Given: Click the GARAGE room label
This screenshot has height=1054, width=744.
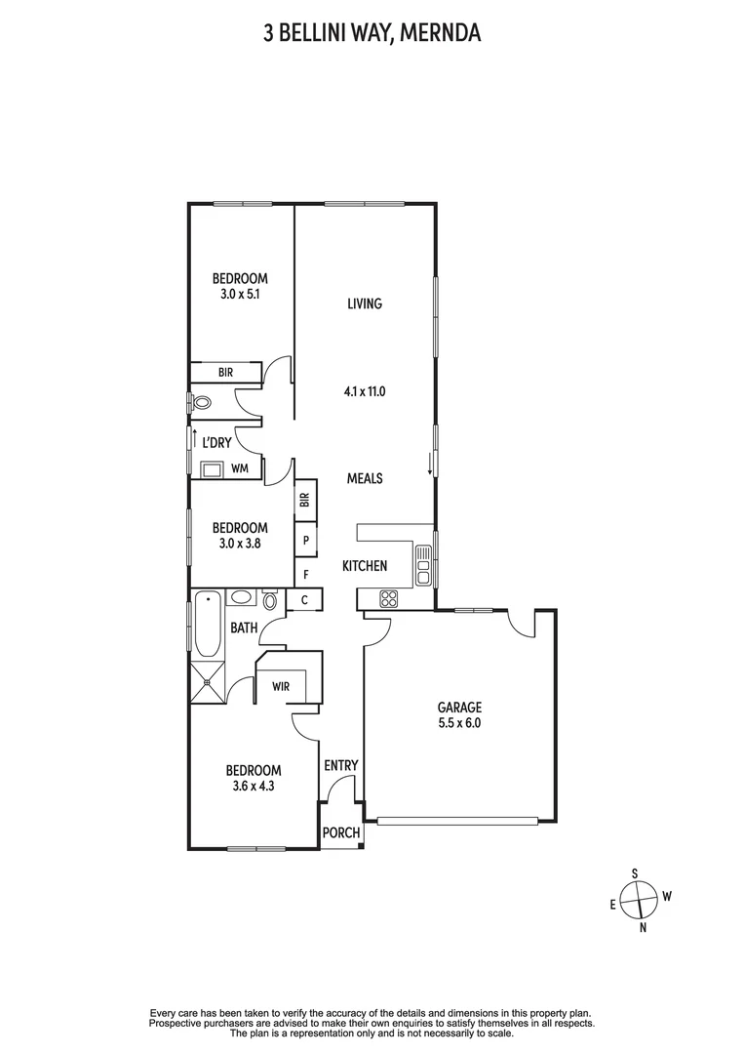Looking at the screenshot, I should coord(459,708).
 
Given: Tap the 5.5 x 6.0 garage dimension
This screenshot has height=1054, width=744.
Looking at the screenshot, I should coord(459,724).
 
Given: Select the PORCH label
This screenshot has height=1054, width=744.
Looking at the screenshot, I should coord(341,833).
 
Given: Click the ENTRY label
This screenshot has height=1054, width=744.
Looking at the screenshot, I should coord(341,766).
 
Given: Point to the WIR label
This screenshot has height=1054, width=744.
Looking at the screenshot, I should coord(282,686).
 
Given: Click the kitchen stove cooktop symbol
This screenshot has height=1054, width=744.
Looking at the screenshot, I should coord(387,599).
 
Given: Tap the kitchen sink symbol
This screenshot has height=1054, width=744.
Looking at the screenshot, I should coord(423,565).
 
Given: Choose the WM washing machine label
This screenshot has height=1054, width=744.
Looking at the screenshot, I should coord(240,469).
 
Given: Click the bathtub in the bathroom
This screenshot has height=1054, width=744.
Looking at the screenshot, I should coord(207,625).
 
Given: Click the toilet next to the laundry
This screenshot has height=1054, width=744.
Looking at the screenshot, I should coord(202,402).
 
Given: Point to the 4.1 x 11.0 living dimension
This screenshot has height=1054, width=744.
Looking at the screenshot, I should coord(366,392).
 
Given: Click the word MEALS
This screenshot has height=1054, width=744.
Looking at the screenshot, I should coord(365,478).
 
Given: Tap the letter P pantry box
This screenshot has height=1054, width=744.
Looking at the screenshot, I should coord(306,540).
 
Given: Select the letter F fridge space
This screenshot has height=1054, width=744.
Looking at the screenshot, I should coord(306,574).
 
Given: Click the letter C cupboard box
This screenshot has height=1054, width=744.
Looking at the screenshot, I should coord(304,600).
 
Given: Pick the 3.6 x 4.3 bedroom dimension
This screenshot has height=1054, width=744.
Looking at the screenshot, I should coord(253,786).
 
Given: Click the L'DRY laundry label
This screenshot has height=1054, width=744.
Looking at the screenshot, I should coord(216,442).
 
